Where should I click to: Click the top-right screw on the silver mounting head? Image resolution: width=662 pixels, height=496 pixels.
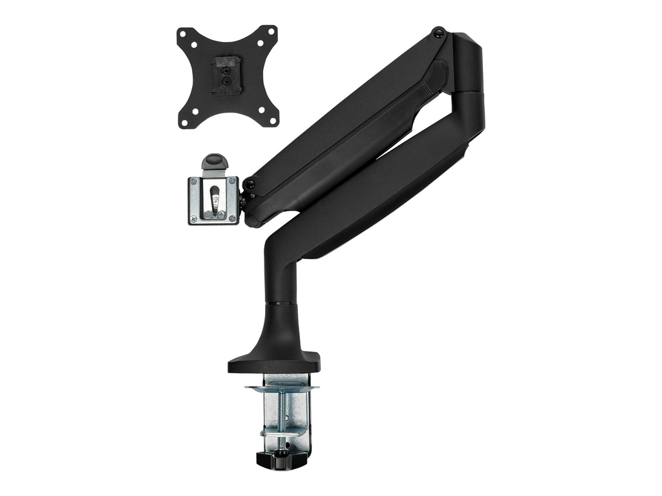[x=233, y=181]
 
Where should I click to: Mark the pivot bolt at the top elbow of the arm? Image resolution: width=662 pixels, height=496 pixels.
[x=438, y=31]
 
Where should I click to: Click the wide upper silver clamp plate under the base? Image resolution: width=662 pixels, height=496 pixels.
[x=282, y=388]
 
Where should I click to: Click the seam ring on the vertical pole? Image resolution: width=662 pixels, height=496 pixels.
[x=279, y=302]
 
